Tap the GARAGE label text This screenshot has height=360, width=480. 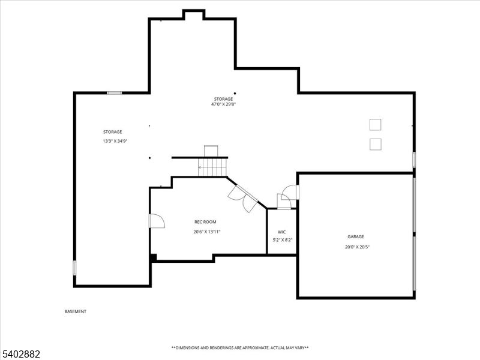tap(356, 236)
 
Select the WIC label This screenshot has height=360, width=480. tap(282, 232)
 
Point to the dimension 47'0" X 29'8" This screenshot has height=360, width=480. tap(223, 104)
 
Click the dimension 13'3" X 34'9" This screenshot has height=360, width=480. tap(115, 141)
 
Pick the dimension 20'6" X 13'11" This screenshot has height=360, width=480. tap(207, 232)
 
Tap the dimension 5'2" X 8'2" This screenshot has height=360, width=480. tap(282, 240)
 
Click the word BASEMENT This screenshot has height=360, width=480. tap(76, 311)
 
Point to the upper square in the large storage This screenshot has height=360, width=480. tap(375, 124)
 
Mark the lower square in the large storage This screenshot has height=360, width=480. tap(375, 144)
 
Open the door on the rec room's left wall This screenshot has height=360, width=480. tap(156, 221)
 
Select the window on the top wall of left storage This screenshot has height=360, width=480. tap(114, 93)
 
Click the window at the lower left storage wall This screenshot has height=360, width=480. tap(75, 268)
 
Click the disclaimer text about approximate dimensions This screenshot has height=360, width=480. tap(240, 347)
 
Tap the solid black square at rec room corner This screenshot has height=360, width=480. tap(154, 257)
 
